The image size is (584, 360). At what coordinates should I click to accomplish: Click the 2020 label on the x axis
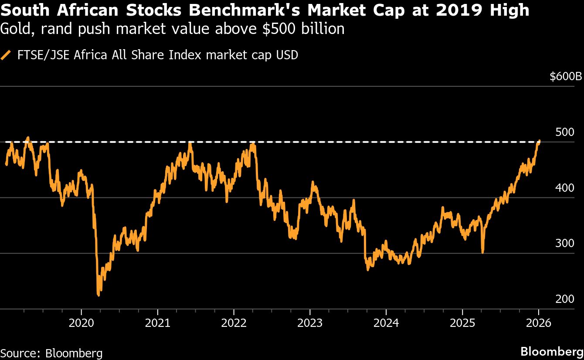(x=81, y=323)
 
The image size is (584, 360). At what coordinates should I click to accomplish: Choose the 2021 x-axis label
(x=157, y=323)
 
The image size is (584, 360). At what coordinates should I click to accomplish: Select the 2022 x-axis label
(x=234, y=323)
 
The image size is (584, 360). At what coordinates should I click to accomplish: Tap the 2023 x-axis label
(x=310, y=323)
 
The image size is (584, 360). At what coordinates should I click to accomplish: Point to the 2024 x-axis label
(x=386, y=323)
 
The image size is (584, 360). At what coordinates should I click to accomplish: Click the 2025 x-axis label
(x=462, y=323)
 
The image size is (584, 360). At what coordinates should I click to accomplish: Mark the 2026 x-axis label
(x=539, y=323)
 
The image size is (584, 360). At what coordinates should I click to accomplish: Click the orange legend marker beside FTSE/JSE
(x=6, y=55)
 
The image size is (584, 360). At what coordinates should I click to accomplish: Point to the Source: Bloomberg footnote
(x=51, y=352)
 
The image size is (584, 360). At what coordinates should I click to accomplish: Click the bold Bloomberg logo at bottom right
(x=552, y=351)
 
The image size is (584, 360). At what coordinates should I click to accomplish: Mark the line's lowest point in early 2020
(x=98, y=295)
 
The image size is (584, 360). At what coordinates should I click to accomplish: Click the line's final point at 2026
(x=540, y=141)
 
